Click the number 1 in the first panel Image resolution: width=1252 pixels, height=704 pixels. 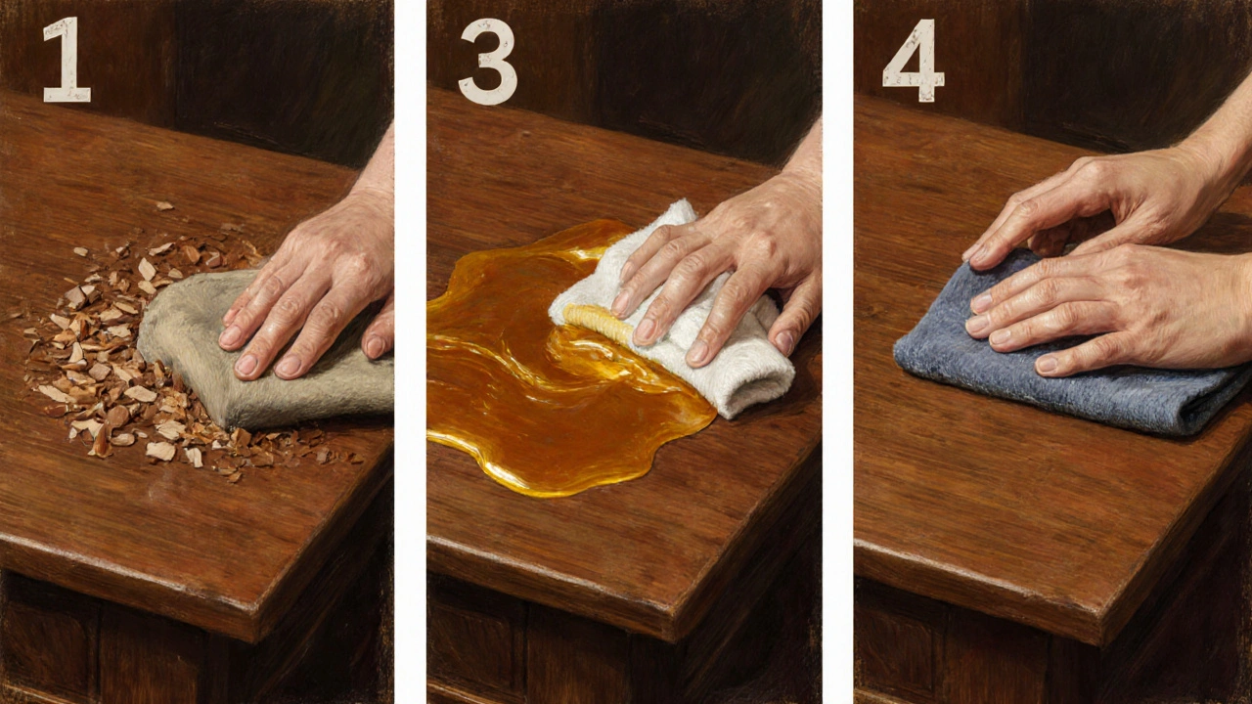[x=67, y=60]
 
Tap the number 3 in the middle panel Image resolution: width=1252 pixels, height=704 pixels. [x=488, y=62]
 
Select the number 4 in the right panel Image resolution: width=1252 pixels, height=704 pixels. [x=914, y=61]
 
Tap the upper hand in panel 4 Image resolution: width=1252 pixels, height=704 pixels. [x=1095, y=206]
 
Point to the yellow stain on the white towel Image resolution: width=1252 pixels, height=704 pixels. [x=598, y=324]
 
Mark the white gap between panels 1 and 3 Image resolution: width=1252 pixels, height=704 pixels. [x=411, y=352]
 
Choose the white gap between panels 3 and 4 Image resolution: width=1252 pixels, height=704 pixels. [x=838, y=352]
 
